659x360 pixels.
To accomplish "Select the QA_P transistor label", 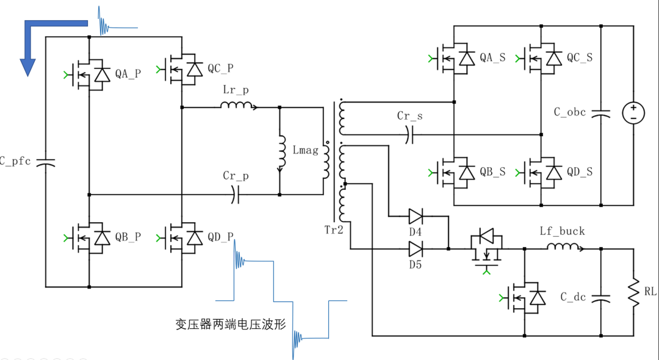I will coord(128,74).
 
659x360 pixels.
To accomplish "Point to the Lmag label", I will coord(306,150).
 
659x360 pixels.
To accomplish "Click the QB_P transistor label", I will coord(128,237).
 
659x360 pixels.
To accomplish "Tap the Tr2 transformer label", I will coord(335,230).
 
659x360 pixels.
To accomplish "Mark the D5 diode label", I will coord(416,264).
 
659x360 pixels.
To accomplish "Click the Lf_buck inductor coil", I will coord(563,247).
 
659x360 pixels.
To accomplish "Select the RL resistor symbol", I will coord(635,292).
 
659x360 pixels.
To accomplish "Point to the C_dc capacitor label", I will coord(573,298).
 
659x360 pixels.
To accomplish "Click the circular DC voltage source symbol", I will coord(633,113).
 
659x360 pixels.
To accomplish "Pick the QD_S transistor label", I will coord(579,172).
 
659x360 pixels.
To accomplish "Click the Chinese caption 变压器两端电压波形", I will coord(231,324).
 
